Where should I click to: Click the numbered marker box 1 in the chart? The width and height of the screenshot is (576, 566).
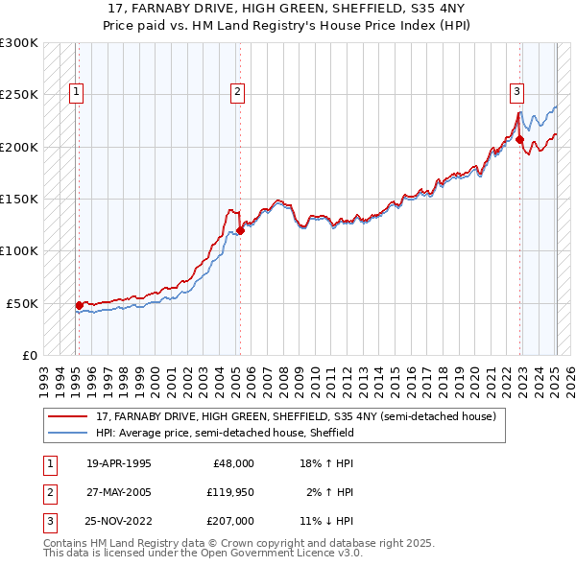click(76, 92)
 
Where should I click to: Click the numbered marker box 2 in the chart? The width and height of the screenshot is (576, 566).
click(237, 92)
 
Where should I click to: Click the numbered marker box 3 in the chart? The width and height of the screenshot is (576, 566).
click(516, 92)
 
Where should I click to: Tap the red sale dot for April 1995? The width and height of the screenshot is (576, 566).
click(79, 305)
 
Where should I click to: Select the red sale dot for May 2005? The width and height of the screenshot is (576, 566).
click(240, 230)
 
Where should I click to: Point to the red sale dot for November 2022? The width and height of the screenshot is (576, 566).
click(519, 140)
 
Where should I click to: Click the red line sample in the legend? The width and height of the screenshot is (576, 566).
click(69, 417)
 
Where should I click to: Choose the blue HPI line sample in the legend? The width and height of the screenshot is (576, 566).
click(69, 433)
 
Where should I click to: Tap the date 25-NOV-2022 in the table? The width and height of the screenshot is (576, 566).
click(119, 522)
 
